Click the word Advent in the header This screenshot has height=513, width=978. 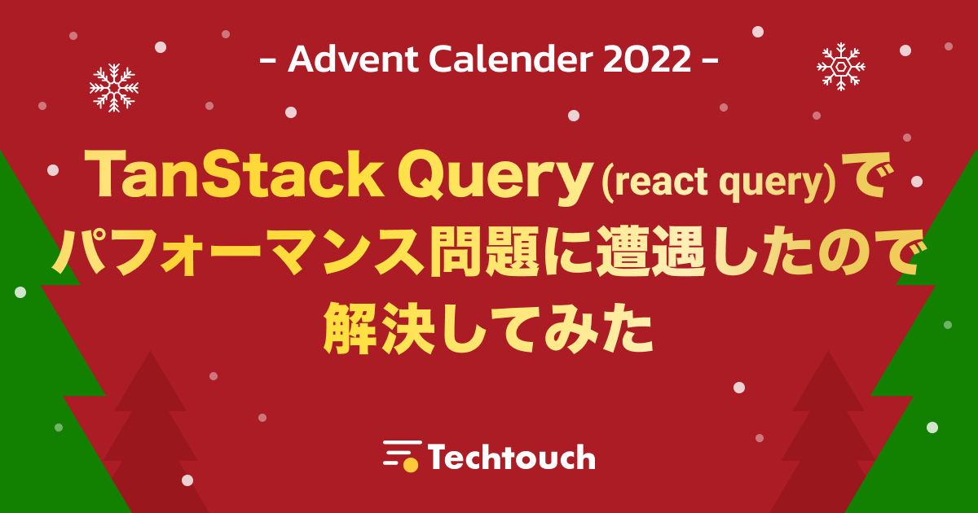click(x=353, y=59)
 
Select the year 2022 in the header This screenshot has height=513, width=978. click(x=647, y=59)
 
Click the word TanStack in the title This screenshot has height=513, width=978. click(x=234, y=174)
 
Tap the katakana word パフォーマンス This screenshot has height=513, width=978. click(x=239, y=252)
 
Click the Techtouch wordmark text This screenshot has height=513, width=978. click(x=511, y=457)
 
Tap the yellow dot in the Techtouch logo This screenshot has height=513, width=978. click(x=411, y=465)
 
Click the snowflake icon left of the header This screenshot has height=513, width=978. click(x=114, y=88)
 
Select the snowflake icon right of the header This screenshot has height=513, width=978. click(x=841, y=67)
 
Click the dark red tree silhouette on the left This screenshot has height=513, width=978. click(x=151, y=432)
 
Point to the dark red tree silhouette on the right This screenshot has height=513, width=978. click(x=828, y=432)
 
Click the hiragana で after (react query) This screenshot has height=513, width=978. click(x=866, y=175)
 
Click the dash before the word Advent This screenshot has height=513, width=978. click(x=268, y=60)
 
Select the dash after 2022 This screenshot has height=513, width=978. click(x=711, y=60)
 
